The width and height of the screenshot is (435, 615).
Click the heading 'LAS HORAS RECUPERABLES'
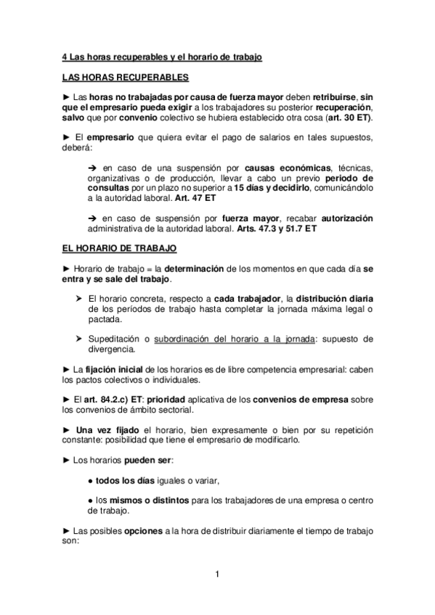pos(125,76)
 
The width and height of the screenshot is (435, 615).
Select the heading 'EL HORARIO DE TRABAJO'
pos(118,248)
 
